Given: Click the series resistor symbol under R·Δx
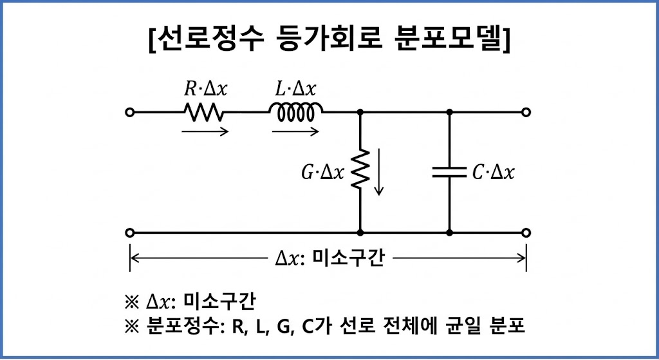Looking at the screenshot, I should pyautogui.click(x=204, y=113).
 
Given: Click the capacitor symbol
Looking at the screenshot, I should pyautogui.click(x=449, y=172).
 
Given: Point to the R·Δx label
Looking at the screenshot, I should pyautogui.click(x=205, y=89).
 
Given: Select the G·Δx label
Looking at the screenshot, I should pyautogui.click(x=324, y=173).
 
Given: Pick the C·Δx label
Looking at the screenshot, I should pyautogui.click(x=493, y=173).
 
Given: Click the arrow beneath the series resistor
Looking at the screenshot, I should pyautogui.click(x=205, y=132).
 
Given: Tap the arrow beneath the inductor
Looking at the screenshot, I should pyautogui.click(x=295, y=132).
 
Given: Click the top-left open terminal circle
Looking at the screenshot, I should pyautogui.click(x=130, y=113).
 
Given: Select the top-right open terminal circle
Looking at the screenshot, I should pyautogui.click(x=526, y=113).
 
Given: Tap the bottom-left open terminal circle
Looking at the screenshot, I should pyautogui.click(x=130, y=232).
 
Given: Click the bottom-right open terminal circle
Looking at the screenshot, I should pyautogui.click(x=526, y=232).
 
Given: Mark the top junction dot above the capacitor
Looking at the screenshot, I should pyautogui.click(x=449, y=113).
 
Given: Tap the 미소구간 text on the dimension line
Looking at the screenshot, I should pyautogui.click(x=348, y=259).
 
